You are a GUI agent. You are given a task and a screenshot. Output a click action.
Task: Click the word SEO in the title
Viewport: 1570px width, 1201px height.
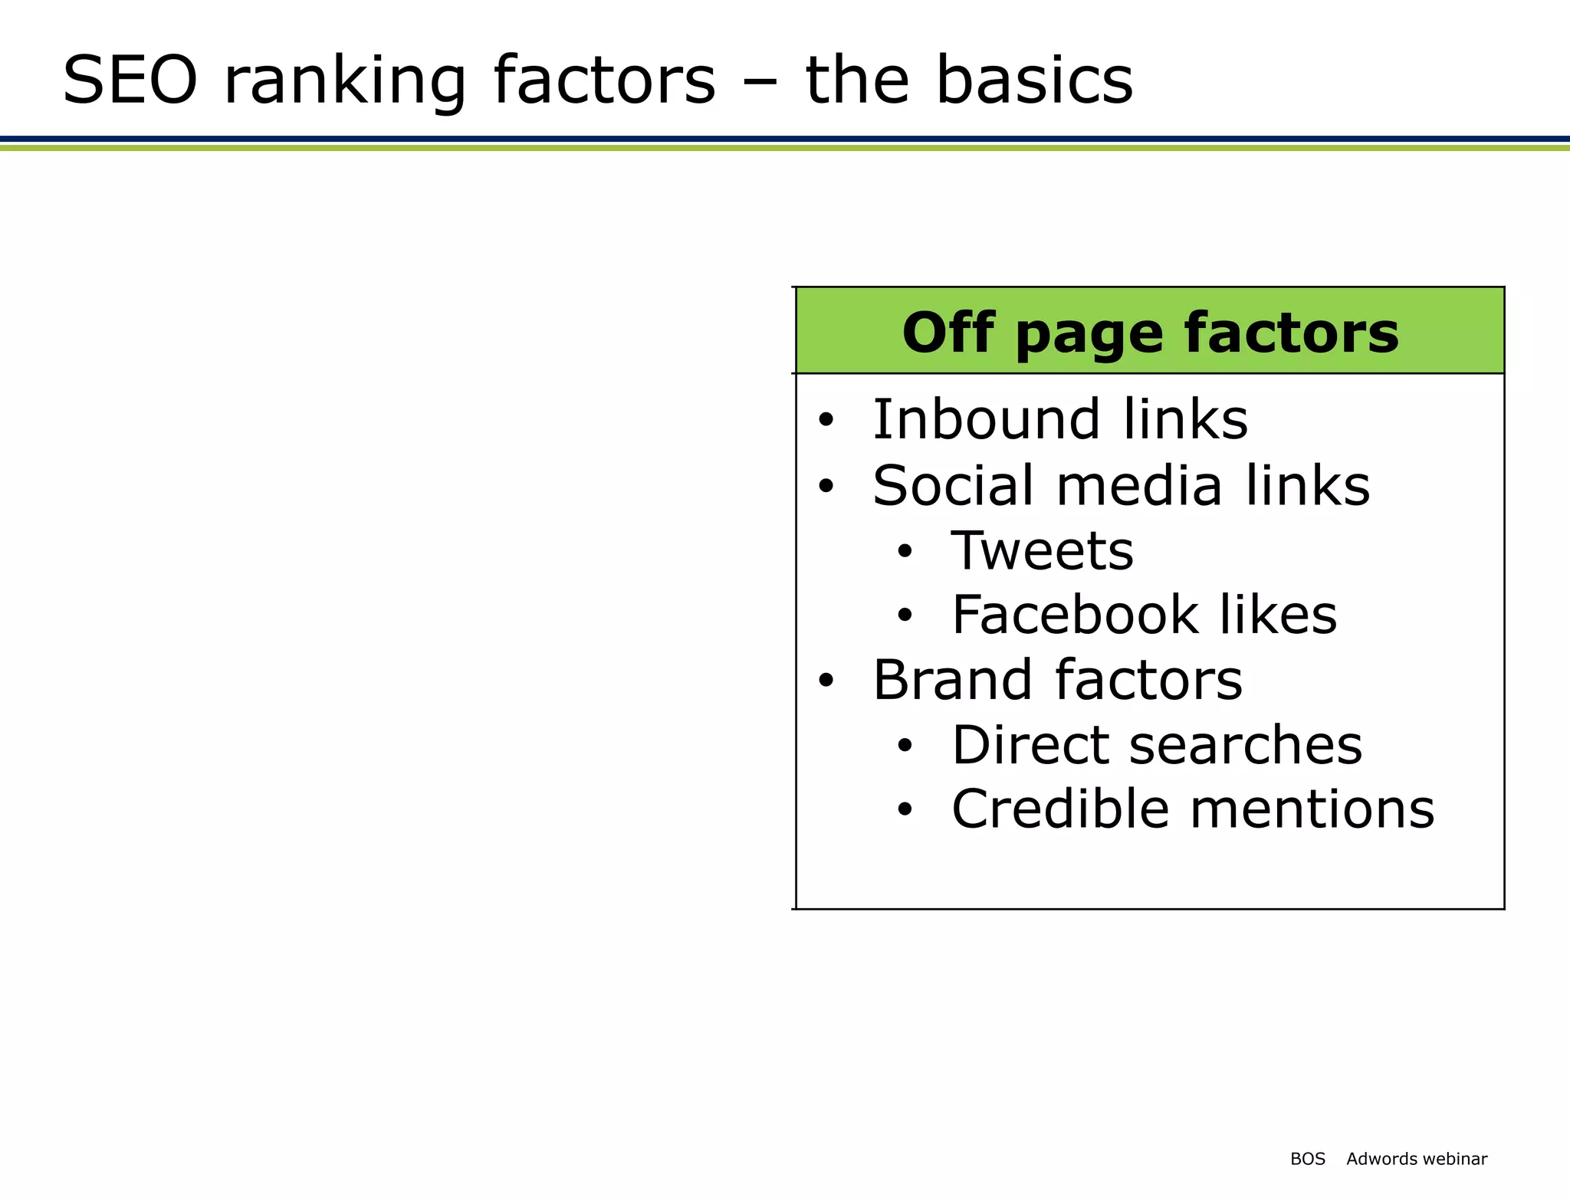[130, 80]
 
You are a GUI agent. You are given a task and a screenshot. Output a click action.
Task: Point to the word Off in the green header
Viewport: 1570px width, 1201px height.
[948, 333]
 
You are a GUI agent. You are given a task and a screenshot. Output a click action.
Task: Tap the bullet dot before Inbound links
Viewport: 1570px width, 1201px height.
[825, 421]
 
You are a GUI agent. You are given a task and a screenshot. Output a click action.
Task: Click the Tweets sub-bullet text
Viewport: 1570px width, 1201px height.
[1042, 551]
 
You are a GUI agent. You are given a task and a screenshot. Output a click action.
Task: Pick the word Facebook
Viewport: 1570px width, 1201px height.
[1073, 615]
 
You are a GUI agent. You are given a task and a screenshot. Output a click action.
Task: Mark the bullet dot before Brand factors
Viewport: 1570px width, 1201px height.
[825, 681]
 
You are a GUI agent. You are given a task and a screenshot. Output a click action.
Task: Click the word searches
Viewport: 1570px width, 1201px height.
[1246, 747]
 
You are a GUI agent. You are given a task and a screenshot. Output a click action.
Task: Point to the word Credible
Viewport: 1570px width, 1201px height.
[1061, 809]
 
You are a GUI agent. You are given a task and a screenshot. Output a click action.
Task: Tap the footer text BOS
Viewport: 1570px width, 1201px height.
[1307, 1159]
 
